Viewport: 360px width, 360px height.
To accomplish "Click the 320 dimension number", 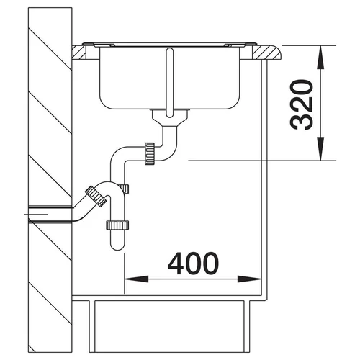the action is tap(302, 104).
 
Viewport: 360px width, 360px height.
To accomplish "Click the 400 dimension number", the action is tap(193, 264).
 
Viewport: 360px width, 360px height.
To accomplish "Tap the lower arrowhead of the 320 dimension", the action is tap(320, 148).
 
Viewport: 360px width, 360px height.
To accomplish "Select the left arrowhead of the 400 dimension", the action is tap(136, 279).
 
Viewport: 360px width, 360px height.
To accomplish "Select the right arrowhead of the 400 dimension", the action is tap(249, 279).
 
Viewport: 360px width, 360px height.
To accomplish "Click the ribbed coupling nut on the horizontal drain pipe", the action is tap(150, 153).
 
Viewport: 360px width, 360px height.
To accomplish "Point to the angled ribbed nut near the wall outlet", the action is tap(96, 196).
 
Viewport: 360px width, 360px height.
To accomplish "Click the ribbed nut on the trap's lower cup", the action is tap(117, 225).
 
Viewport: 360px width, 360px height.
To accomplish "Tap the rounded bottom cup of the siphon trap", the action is tap(117, 240).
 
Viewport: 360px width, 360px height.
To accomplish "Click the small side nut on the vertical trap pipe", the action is tap(126, 189).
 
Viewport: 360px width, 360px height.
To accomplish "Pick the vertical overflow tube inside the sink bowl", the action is tap(170, 83).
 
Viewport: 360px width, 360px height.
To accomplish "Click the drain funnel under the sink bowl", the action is tap(170, 118).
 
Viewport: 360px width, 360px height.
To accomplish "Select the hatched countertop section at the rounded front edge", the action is tap(266, 53).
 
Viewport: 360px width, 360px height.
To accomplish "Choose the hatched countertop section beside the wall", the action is tap(78, 53).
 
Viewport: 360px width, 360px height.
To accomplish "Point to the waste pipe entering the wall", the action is tap(50, 214).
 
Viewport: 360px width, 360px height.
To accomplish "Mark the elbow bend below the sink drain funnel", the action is tap(169, 149).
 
